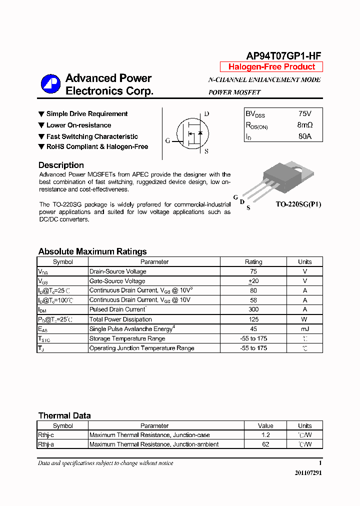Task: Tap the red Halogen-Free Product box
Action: pyautogui.click(x=271, y=67)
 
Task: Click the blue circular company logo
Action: pyautogui.click(x=50, y=84)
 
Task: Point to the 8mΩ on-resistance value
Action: pyautogui.click(x=304, y=125)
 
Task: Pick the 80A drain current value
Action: pyautogui.click(x=304, y=136)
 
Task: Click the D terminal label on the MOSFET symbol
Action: pyautogui.click(x=206, y=114)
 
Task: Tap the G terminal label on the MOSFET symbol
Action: pyautogui.click(x=168, y=141)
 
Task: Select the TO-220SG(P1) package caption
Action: pyautogui.click(x=298, y=204)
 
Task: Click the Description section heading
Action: pyautogui.click(x=61, y=165)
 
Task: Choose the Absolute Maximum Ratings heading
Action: pyautogui.click(x=92, y=251)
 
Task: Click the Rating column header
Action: pyautogui.click(x=253, y=261)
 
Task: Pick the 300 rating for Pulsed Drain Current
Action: pyautogui.click(x=253, y=309)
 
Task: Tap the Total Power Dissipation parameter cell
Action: pyautogui.click(x=120, y=319)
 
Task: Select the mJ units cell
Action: pyautogui.click(x=304, y=328)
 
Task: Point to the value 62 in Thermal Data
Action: pyautogui.click(x=265, y=444)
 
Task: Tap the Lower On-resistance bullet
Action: pyautogui.click(x=78, y=125)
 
